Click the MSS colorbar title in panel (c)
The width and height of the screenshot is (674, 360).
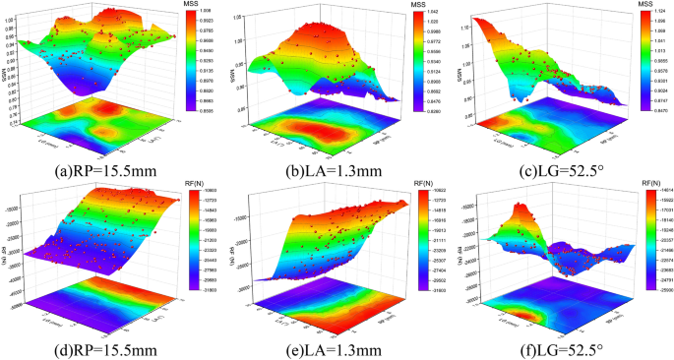pos(646,6)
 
